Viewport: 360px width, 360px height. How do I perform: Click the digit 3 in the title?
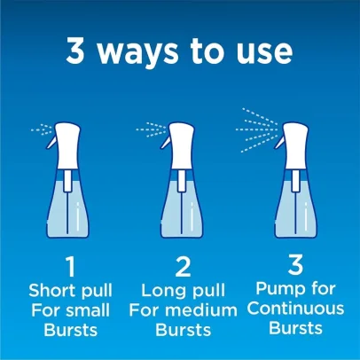tap(75, 51)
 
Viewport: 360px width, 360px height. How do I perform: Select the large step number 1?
tap(71, 267)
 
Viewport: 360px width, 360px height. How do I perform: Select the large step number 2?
tap(183, 267)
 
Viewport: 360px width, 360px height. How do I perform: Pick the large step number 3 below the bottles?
tap(295, 265)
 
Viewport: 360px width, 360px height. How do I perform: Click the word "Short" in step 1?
tap(51, 290)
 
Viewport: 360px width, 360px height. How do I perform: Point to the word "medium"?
tap(201, 310)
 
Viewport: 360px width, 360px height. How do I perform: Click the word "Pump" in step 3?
tap(275, 289)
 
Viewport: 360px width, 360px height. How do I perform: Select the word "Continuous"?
tap(295, 309)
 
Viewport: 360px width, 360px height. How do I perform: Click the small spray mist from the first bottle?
tap(42, 129)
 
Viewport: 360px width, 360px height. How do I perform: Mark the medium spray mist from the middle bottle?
tap(152, 129)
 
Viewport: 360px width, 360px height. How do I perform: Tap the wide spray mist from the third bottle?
tap(257, 129)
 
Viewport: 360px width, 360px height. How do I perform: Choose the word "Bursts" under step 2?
tap(184, 330)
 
